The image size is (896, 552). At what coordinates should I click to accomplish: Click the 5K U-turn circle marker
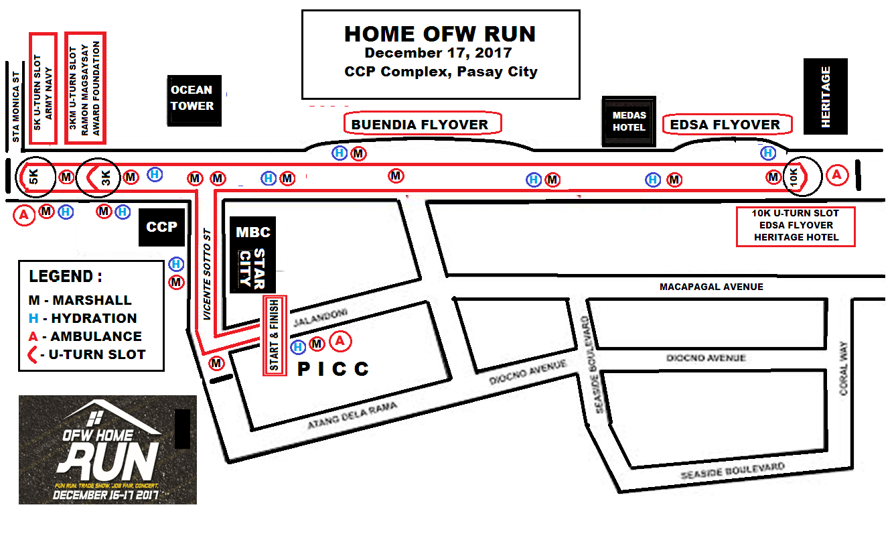[33, 178]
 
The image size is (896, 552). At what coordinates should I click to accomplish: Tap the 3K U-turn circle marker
[98, 178]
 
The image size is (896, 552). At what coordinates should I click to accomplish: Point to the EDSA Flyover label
[727, 125]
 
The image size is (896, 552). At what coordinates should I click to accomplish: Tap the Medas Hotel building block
[629, 121]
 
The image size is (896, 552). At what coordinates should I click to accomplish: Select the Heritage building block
[826, 96]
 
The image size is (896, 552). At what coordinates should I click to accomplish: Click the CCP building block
[161, 227]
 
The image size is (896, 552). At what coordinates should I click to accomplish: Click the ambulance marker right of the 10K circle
[836, 176]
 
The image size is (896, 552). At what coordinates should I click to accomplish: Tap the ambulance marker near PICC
[341, 342]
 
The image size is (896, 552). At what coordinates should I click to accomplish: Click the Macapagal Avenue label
[711, 287]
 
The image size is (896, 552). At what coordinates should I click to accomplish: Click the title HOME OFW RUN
[440, 34]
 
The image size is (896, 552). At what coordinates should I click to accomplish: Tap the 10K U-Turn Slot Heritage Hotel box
[796, 226]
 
